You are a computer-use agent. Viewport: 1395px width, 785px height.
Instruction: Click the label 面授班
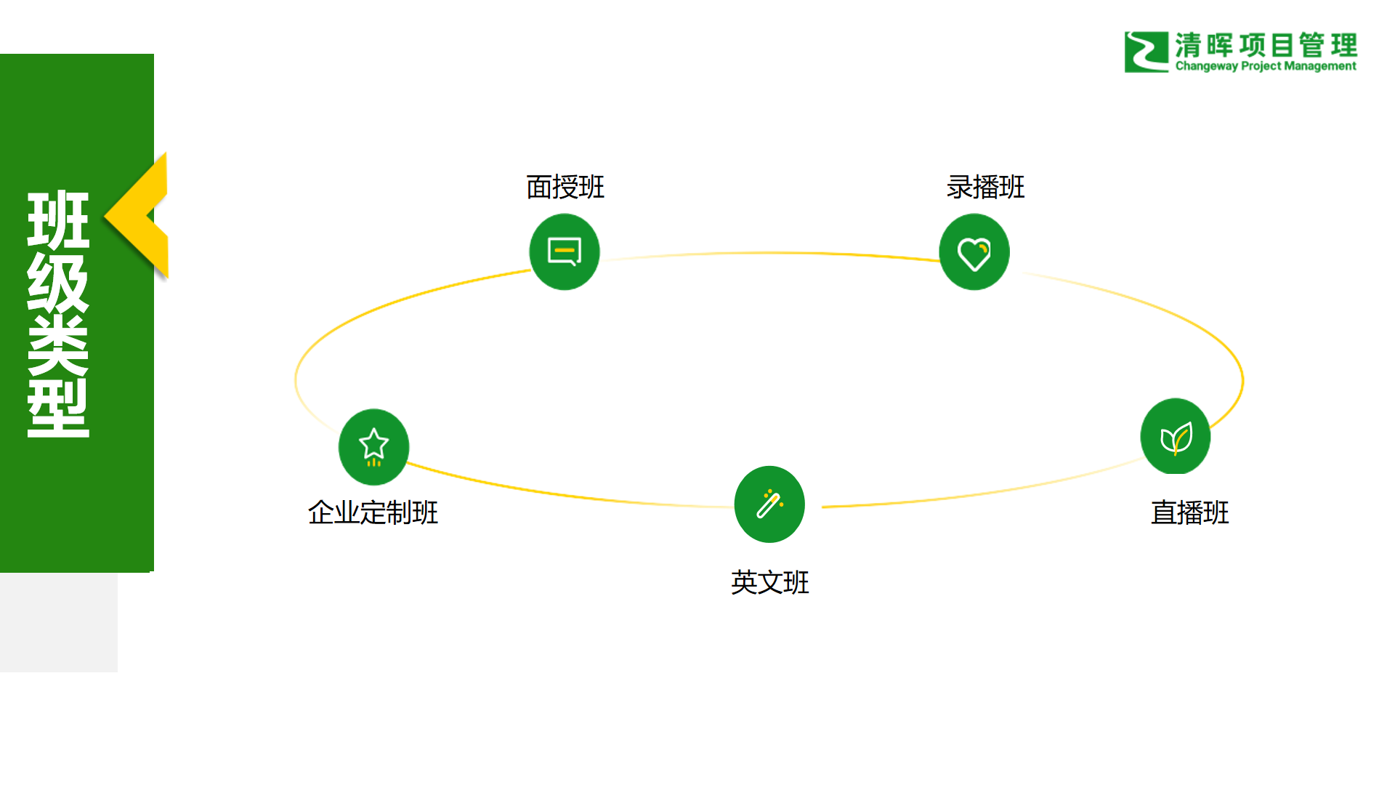pyautogui.click(x=565, y=188)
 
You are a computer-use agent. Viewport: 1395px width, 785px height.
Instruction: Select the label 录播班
pyautogui.click(x=985, y=188)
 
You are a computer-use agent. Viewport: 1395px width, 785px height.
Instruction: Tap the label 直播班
pyautogui.click(x=1189, y=513)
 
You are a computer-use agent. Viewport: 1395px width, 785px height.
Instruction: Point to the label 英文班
pyautogui.click(x=769, y=583)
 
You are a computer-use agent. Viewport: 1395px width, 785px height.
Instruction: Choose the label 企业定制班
pyautogui.click(x=373, y=513)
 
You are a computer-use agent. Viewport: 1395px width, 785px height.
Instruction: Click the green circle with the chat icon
pyautogui.click(x=565, y=252)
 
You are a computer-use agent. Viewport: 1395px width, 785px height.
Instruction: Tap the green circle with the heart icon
pyautogui.click(x=974, y=252)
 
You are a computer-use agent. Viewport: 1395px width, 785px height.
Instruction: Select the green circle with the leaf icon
pyautogui.click(x=1176, y=437)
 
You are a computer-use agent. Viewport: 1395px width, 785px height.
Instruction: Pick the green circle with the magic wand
pyautogui.click(x=769, y=504)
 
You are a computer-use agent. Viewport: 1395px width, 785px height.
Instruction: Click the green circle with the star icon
pyautogui.click(x=373, y=447)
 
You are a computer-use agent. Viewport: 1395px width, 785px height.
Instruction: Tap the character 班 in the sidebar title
pyautogui.click(x=58, y=219)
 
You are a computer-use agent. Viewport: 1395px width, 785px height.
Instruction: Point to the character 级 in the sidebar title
pyautogui.click(x=58, y=283)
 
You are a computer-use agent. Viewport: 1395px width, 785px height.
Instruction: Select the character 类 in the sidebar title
pyautogui.click(x=58, y=345)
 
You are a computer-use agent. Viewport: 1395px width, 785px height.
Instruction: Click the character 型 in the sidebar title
pyautogui.click(x=58, y=408)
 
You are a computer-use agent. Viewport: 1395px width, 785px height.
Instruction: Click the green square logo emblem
pyautogui.click(x=1146, y=52)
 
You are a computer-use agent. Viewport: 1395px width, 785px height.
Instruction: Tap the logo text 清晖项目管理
pyautogui.click(x=1266, y=45)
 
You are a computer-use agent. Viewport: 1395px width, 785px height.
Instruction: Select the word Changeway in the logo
pyautogui.click(x=1206, y=66)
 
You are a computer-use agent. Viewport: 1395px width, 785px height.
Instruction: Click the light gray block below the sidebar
pyautogui.click(x=58, y=622)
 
